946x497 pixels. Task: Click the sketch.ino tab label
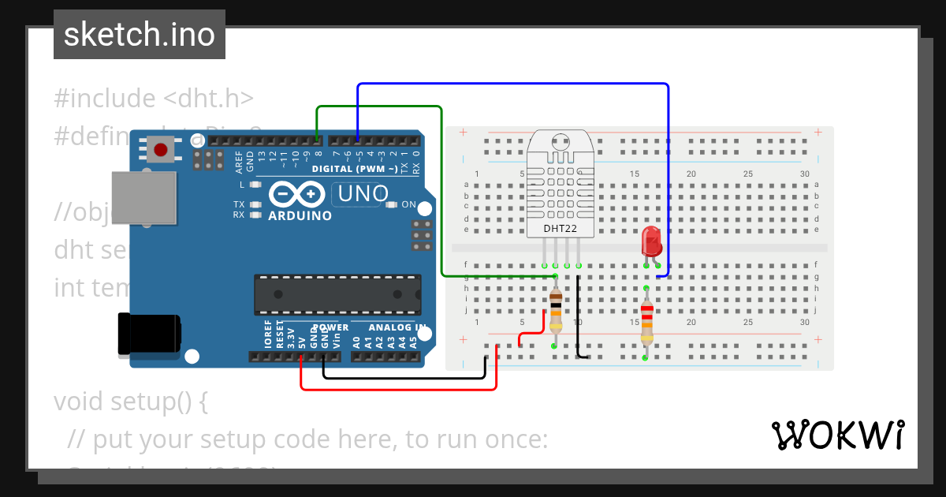pos(140,35)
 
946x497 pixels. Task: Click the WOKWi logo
pos(837,435)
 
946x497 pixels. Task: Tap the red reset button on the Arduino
pos(162,149)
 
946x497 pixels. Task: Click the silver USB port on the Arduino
pos(144,198)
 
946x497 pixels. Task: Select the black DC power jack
pos(147,334)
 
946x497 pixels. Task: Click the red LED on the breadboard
pos(652,241)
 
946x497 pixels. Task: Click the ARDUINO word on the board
pos(300,215)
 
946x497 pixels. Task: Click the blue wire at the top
pos(512,84)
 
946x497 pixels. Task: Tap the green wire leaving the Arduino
pos(378,106)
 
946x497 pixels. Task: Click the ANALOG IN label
pos(398,327)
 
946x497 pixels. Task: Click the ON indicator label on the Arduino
pos(408,204)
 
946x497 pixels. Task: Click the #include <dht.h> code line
pos(154,99)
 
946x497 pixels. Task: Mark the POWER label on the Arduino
pos(330,327)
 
